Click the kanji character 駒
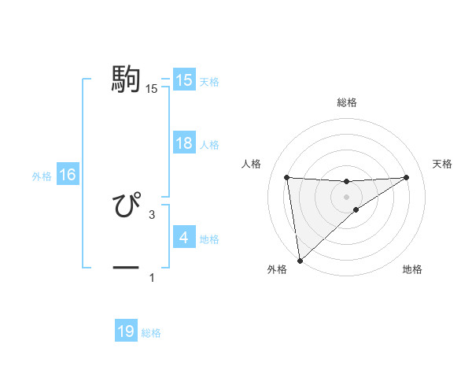coord(126,80)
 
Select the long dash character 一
coord(126,268)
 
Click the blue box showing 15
coord(183,80)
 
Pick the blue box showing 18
coord(183,143)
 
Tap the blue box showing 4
coord(183,237)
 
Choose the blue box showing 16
coord(68,175)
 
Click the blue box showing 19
coord(126,331)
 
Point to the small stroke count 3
coord(152,214)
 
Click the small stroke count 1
coord(152,278)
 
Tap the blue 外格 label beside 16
coord(42,176)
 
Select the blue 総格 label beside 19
coord(151,333)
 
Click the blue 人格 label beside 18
coord(209,145)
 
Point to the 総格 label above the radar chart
coord(346,102)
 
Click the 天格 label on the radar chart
coord(443,164)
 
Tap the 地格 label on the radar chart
coord(412,270)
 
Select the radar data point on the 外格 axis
coord(300,260)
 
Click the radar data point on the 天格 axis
coord(406,177)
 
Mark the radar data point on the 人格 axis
coord(286,177)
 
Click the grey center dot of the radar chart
coord(346,196)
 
